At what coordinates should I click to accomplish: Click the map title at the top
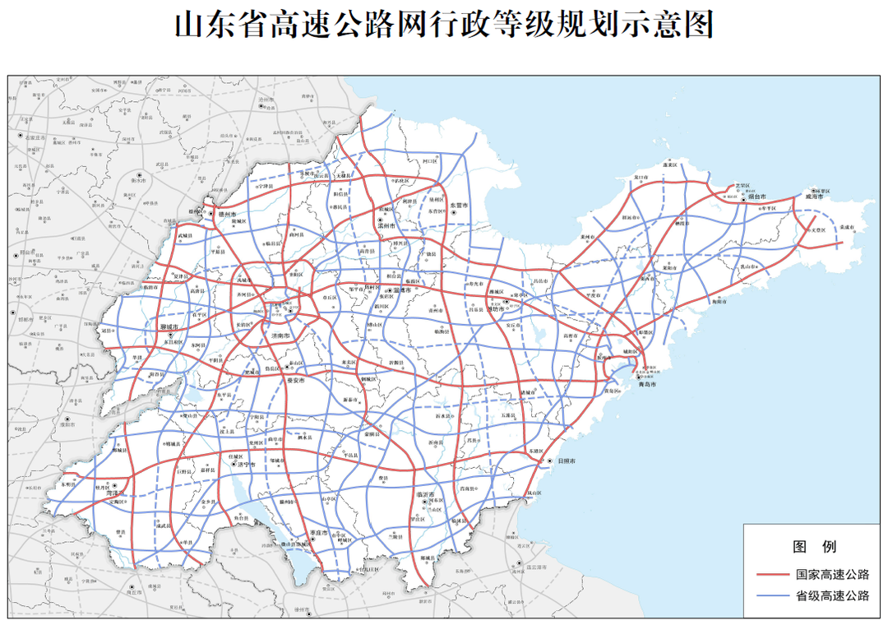click(x=444, y=25)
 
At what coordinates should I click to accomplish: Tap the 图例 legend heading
click(x=813, y=547)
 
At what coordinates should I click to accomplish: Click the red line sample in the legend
click(x=774, y=575)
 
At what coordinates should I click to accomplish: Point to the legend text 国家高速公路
click(x=831, y=575)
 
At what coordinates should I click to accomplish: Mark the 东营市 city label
click(x=457, y=206)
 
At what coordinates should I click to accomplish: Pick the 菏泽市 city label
click(x=111, y=494)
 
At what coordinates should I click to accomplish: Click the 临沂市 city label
click(x=426, y=493)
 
